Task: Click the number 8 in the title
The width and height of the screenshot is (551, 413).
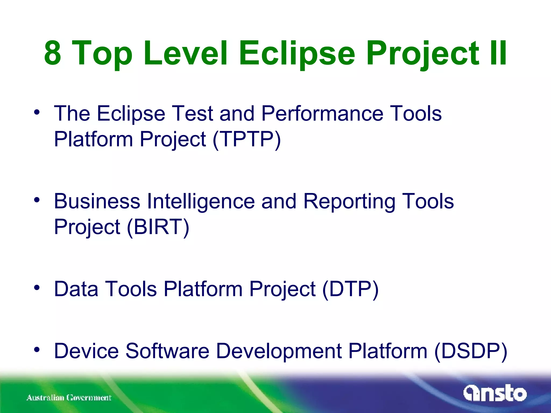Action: coord(53,53)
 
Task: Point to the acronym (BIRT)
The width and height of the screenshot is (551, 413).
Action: coord(158,227)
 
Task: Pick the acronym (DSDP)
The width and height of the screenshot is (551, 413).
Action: coord(471,351)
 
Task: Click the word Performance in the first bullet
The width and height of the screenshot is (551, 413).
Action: coord(322,113)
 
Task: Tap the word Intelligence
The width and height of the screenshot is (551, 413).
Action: coord(201,201)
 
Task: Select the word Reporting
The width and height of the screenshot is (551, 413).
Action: coord(349,201)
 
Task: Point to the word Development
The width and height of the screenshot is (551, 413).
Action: coord(279,351)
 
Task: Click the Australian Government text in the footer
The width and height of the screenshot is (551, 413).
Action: coord(69,397)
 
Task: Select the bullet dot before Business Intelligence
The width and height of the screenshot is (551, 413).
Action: coord(37,200)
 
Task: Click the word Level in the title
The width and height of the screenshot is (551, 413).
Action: coord(186,53)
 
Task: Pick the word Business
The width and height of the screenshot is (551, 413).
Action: coord(97,201)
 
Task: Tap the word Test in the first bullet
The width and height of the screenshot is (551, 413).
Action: coord(192,113)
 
